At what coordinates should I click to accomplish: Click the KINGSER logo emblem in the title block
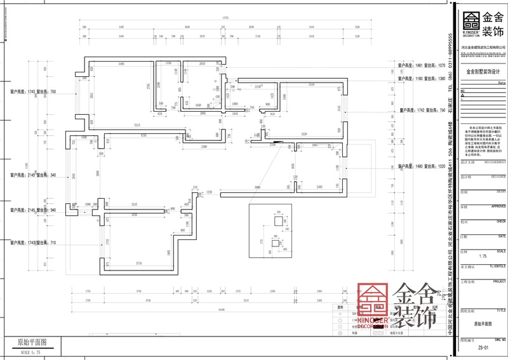(471, 20)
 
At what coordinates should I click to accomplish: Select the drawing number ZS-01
(483, 348)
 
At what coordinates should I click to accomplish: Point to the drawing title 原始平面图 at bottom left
(31, 342)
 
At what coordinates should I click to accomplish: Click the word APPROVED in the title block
(498, 206)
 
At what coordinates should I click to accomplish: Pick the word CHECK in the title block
(500, 222)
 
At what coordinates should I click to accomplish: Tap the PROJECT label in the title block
(499, 280)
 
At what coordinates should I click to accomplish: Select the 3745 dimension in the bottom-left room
(133, 263)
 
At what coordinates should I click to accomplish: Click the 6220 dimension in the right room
(304, 134)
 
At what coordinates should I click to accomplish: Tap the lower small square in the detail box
(275, 243)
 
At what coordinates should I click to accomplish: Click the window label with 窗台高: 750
(34, 92)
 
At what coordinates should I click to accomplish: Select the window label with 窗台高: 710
(34, 243)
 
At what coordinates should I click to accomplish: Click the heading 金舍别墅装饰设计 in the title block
(483, 72)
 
